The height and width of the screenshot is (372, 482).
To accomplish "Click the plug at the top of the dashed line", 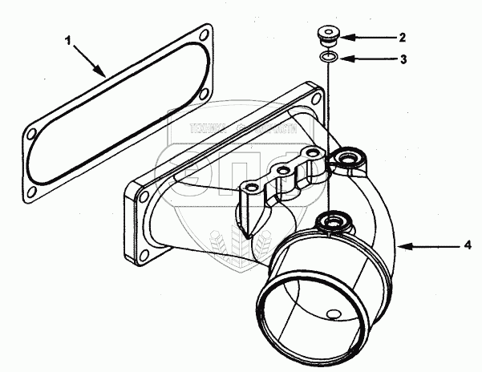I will pyautogui.click(x=328, y=35).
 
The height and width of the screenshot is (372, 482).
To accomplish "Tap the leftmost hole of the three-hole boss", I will pyautogui.click(x=250, y=186).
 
